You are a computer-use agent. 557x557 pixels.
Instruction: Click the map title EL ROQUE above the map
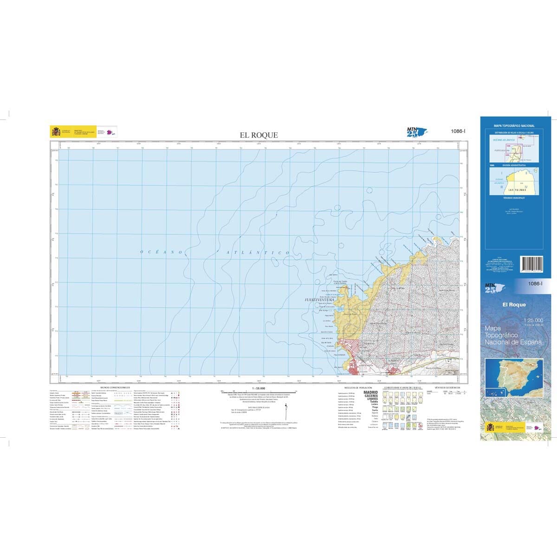tap(259, 135)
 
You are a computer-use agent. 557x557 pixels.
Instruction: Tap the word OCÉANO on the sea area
tap(162, 252)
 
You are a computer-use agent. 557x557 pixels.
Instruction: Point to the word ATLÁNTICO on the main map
tap(254, 252)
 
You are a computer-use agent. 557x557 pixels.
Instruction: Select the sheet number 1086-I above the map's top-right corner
tap(458, 132)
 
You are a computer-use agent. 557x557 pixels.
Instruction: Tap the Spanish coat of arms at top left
tap(56, 132)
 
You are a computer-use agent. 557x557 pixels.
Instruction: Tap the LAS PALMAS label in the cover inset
tap(517, 191)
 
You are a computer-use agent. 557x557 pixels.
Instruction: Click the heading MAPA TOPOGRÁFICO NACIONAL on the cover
tap(514, 126)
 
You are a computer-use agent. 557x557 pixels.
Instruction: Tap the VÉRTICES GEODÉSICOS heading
tap(447, 387)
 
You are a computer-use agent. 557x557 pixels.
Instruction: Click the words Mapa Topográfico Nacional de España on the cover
tap(513, 335)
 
